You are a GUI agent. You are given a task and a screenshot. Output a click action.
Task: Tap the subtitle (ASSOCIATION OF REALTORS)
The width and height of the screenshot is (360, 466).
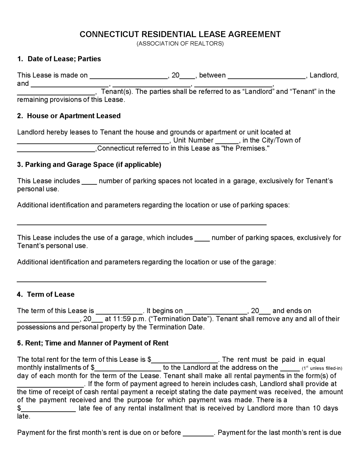point(180,44)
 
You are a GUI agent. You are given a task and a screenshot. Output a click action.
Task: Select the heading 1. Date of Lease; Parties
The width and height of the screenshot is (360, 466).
point(59,59)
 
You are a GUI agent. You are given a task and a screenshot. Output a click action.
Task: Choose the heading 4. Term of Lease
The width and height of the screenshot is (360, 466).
point(46,295)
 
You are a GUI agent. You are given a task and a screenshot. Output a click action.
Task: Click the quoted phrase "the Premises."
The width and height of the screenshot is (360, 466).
point(245,149)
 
